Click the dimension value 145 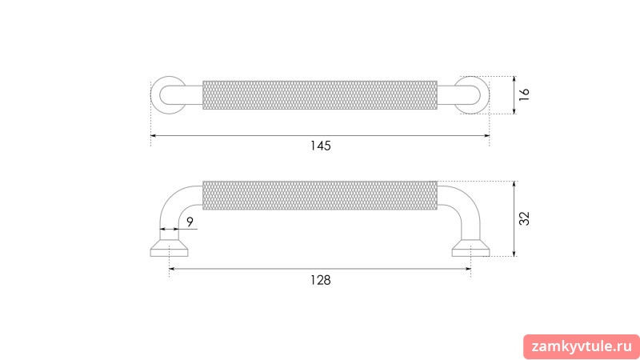click(321, 146)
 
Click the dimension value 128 click(321, 280)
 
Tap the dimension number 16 click(524, 94)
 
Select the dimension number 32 click(524, 218)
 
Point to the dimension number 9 click(190, 222)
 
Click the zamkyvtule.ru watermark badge click(582, 347)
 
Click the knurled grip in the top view click(320, 95)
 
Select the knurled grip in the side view click(320, 195)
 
